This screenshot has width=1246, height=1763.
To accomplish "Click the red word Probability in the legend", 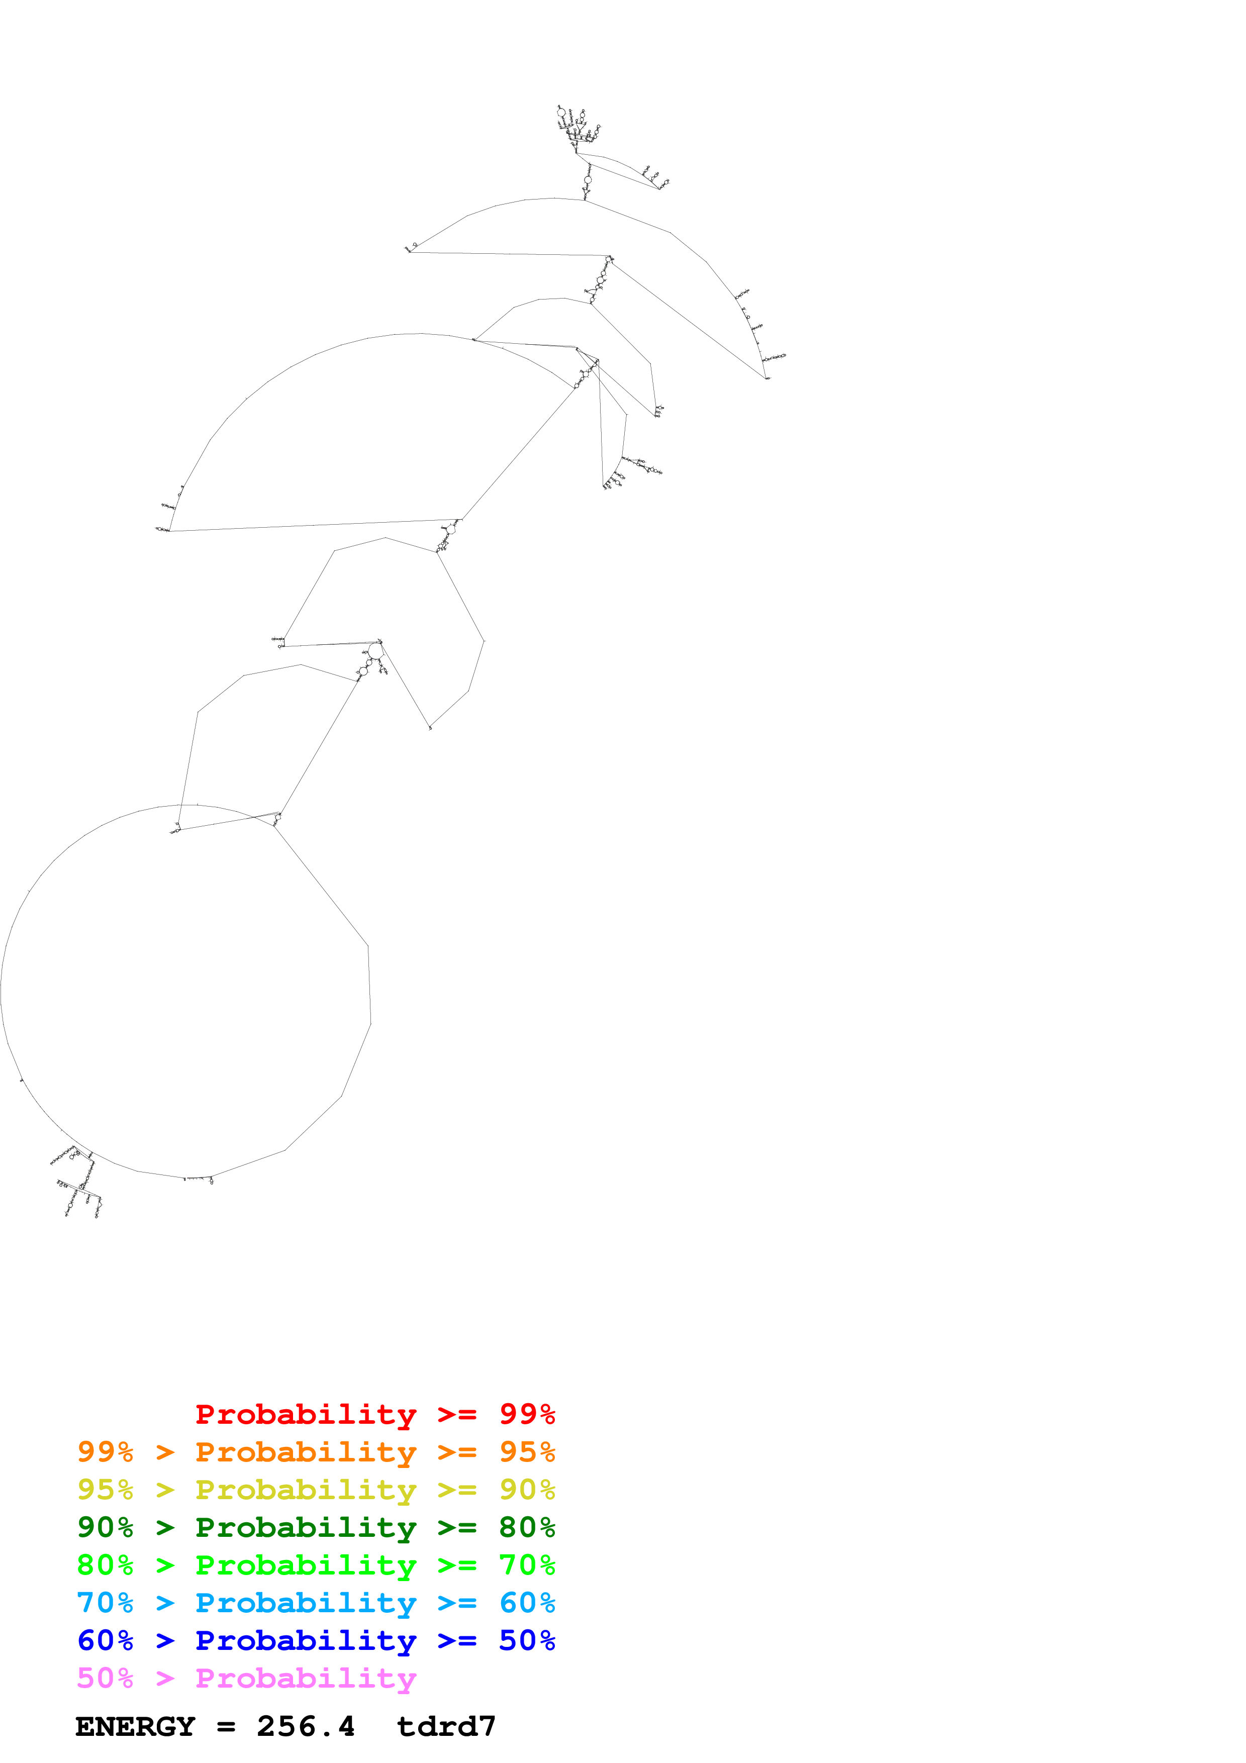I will point(306,1414).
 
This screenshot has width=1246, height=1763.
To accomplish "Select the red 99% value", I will point(527,1414).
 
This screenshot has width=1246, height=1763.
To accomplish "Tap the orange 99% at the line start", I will point(105,1452).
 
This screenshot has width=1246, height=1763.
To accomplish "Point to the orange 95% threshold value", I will point(527,1452).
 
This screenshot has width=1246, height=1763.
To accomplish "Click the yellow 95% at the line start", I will point(105,1490).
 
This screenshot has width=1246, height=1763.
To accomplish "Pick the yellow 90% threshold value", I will point(527,1490).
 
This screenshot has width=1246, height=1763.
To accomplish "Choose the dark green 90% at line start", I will point(105,1527).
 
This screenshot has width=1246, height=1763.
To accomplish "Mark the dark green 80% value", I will point(527,1527).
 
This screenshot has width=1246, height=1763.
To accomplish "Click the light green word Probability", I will point(306,1565).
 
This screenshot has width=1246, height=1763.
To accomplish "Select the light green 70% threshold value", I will point(527,1565).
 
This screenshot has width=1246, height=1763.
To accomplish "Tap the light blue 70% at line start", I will point(105,1603).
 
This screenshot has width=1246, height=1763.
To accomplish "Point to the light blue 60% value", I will point(527,1603).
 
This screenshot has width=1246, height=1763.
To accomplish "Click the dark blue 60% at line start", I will point(105,1640).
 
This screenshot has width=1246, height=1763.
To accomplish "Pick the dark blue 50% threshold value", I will point(527,1640).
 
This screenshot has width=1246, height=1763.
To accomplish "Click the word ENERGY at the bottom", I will point(135,1727).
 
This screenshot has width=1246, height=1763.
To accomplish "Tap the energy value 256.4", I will point(306,1727).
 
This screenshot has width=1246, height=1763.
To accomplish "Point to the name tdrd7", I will point(446,1727).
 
